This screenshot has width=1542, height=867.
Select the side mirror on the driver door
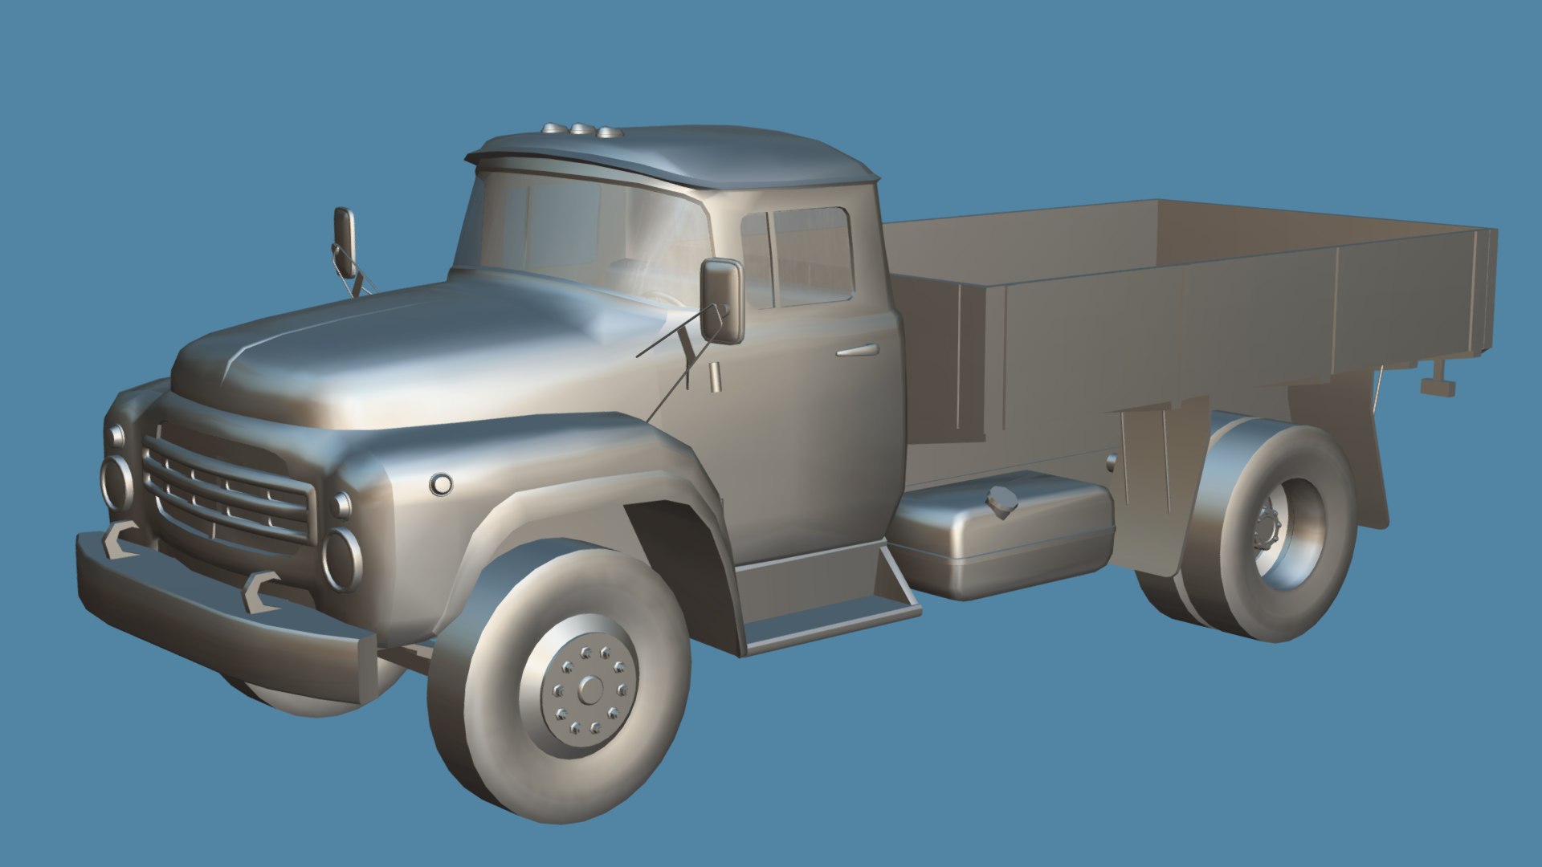[x=722, y=300]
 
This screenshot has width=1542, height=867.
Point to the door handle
[x=857, y=351]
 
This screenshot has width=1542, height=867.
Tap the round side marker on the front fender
[x=440, y=484]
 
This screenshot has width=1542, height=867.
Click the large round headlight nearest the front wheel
[x=341, y=559]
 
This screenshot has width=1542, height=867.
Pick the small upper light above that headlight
[x=341, y=505]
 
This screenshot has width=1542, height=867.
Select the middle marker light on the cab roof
[x=579, y=129]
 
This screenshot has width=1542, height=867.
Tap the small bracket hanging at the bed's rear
[x=1438, y=383]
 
